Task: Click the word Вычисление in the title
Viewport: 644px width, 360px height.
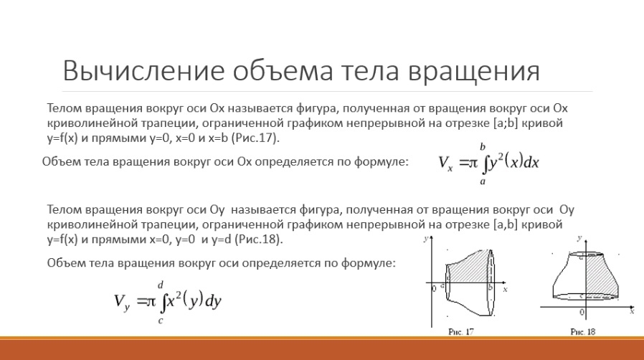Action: (143, 70)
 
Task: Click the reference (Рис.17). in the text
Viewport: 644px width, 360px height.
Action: (255, 138)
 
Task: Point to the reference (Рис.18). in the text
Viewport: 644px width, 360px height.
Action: (259, 239)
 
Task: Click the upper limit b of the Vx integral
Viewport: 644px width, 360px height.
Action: (483, 147)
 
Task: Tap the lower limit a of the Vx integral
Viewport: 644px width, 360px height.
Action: (483, 181)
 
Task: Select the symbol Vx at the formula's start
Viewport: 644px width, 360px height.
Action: (445, 163)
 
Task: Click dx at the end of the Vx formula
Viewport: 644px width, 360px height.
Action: (531, 163)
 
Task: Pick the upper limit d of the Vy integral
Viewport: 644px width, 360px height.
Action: (161, 285)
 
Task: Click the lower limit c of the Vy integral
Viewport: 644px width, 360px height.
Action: (160, 321)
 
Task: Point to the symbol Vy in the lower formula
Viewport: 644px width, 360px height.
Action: (122, 303)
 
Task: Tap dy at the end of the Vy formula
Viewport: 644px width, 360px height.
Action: (213, 302)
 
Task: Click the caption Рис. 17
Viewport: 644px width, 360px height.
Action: (461, 332)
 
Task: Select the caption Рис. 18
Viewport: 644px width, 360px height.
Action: (583, 332)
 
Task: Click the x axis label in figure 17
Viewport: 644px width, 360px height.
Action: (505, 290)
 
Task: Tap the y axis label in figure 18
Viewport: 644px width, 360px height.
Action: (579, 238)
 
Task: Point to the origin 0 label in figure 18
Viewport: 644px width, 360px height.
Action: (582, 313)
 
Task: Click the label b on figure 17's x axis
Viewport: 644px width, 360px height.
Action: (490, 288)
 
